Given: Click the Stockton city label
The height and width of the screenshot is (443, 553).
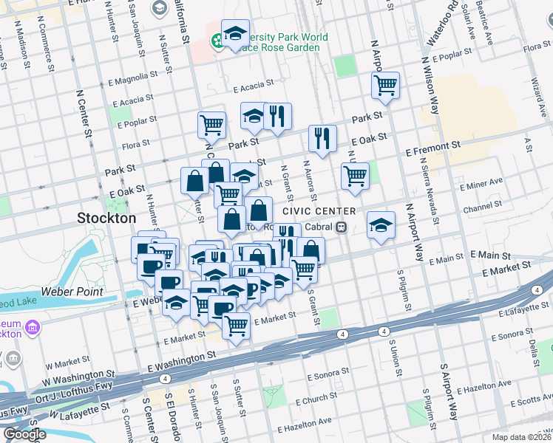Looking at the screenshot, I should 107,219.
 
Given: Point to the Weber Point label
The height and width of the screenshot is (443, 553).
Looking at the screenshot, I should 77,292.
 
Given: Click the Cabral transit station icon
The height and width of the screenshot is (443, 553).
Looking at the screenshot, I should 342,227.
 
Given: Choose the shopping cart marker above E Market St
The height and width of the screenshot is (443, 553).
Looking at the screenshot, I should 236,323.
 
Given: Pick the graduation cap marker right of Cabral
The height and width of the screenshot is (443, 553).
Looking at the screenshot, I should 381,224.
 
